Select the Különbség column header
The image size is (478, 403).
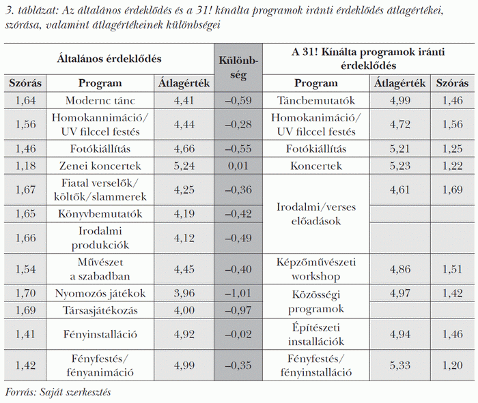point(237,68)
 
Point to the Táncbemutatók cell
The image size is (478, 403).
point(317,101)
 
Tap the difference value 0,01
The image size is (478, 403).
point(237,166)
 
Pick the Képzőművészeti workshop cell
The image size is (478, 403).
point(317,270)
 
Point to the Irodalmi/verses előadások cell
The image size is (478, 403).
point(317,213)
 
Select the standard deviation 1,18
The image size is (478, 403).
point(25,166)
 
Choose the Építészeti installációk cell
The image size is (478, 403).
point(317,334)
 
